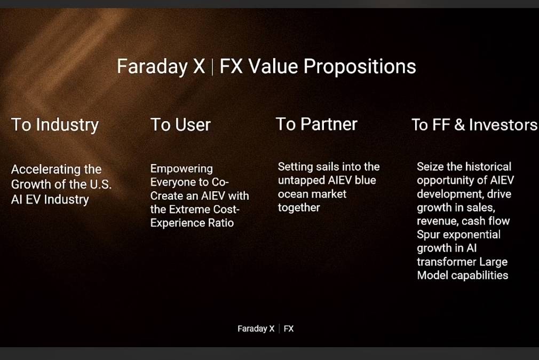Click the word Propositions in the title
pyautogui.click(x=360, y=67)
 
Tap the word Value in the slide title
pyautogui.click(x=273, y=66)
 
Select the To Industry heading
pyautogui.click(x=55, y=125)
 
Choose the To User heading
pyautogui.click(x=180, y=124)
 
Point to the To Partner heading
pyautogui.click(x=316, y=124)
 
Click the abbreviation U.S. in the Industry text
pyautogui.click(x=101, y=184)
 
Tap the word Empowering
pyautogui.click(x=181, y=169)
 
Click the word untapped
pyautogui.click(x=302, y=181)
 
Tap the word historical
pyautogui.click(x=488, y=167)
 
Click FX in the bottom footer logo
pyautogui.click(x=289, y=328)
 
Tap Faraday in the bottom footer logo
pyautogui.click(x=252, y=329)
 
